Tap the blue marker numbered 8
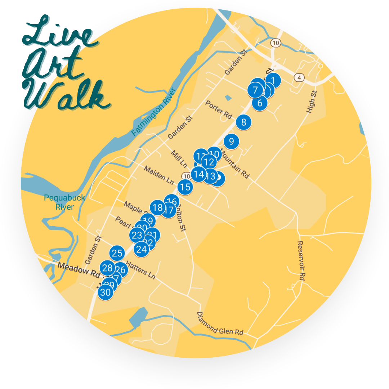click(x=243, y=122)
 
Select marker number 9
click(x=231, y=141)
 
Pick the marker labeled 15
click(x=185, y=187)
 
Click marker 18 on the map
click(x=157, y=208)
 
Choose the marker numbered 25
click(x=117, y=253)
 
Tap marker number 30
click(x=105, y=292)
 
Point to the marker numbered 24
click(x=142, y=249)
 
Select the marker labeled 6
click(x=260, y=103)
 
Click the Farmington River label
click(x=153, y=112)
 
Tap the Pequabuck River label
click(x=64, y=202)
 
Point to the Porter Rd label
click(x=219, y=109)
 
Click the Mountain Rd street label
click(x=234, y=164)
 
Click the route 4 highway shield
click(x=298, y=77)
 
